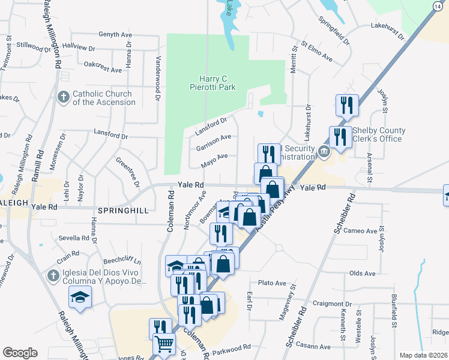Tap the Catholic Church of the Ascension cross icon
pos(63,97)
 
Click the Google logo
pos(20,353)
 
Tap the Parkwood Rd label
pos(231,347)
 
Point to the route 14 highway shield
pos(436,5)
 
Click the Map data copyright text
pos(423,355)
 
